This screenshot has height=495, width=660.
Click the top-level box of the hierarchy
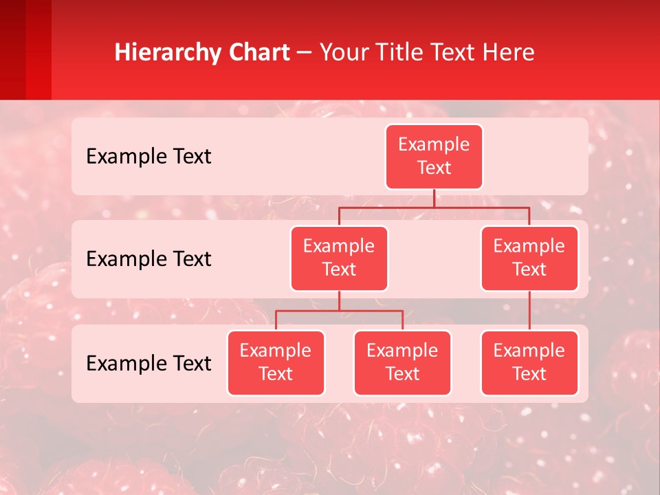point(434,157)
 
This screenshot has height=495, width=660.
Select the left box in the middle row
point(339,258)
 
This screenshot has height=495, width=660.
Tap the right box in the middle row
point(529,258)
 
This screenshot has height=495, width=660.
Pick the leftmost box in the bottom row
point(276,363)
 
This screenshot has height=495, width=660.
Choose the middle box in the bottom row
point(402,363)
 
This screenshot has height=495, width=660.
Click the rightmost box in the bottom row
point(529,363)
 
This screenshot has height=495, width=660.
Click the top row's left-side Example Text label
point(148,157)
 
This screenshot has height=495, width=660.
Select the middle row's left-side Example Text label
point(148,259)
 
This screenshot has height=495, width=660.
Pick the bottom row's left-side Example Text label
point(148,364)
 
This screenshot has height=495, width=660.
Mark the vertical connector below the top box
point(434,198)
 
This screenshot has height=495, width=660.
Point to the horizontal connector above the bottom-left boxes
point(339,311)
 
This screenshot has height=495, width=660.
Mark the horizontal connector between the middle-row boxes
point(434,207)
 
